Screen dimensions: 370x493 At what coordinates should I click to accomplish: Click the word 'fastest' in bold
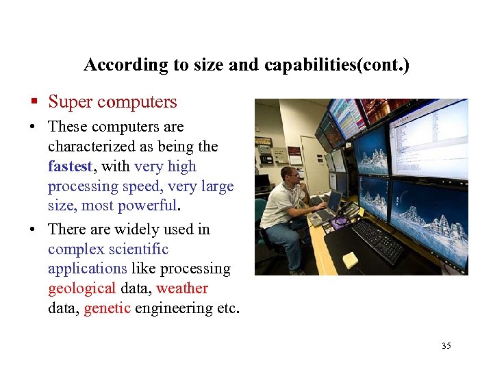coord(69,166)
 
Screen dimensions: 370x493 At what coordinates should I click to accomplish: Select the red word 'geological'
coord(81,288)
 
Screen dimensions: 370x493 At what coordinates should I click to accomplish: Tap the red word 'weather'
coord(181,288)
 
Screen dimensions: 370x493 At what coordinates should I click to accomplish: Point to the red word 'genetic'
coord(107,308)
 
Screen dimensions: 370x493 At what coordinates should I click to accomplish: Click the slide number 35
coord(446,345)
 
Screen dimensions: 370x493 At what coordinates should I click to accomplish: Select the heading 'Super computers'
coord(112,102)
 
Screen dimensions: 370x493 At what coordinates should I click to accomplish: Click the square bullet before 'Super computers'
coord(33,103)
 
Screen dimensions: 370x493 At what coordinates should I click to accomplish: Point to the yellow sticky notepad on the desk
coord(351,260)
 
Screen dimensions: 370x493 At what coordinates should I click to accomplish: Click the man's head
coord(290,176)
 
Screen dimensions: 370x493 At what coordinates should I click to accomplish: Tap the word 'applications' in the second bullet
coord(87,269)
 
